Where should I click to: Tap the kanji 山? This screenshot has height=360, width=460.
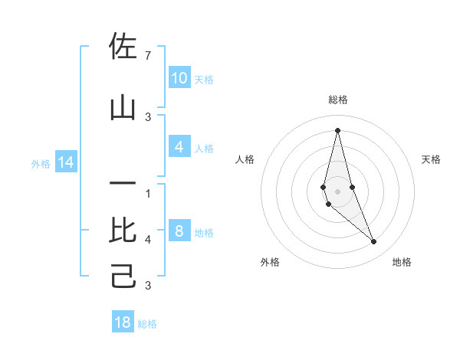pyautogui.click(x=123, y=109)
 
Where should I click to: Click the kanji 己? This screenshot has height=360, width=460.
pyautogui.click(x=123, y=276)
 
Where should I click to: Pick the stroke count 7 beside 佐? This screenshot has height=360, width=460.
pyautogui.click(x=148, y=56)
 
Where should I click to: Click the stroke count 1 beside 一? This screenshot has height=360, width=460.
pyautogui.click(x=148, y=193)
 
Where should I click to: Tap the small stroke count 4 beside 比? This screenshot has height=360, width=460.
pyautogui.click(x=148, y=240)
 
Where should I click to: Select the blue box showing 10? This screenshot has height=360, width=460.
pyautogui.click(x=179, y=77)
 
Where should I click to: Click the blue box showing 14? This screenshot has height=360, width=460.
pyautogui.click(x=66, y=162)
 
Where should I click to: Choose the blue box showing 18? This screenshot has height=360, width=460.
pyautogui.click(x=123, y=322)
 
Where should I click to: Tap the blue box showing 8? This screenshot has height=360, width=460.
pyautogui.click(x=179, y=231)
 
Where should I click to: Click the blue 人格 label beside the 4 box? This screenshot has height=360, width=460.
pyautogui.click(x=204, y=149)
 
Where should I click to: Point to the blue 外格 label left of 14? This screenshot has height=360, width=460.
pyautogui.click(x=41, y=163)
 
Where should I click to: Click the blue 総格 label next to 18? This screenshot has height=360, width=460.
pyautogui.click(x=147, y=324)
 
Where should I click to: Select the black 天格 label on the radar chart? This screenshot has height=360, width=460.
pyautogui.click(x=432, y=159)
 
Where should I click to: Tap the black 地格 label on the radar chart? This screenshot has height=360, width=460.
pyautogui.click(x=402, y=263)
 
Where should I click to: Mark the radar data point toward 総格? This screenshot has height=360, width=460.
pyautogui.click(x=337, y=129)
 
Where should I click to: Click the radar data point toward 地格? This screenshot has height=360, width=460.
pyautogui.click(x=374, y=242)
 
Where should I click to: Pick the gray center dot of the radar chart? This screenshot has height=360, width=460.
pyautogui.click(x=337, y=190)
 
